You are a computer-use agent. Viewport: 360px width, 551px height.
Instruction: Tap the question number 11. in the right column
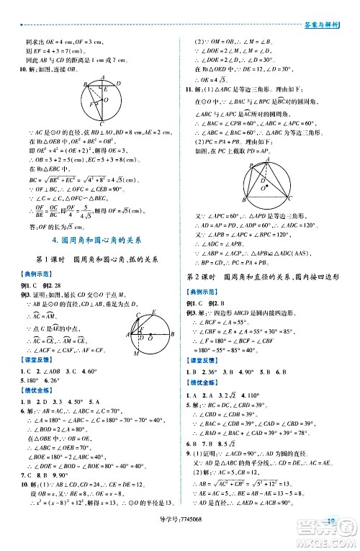click(189, 89)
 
